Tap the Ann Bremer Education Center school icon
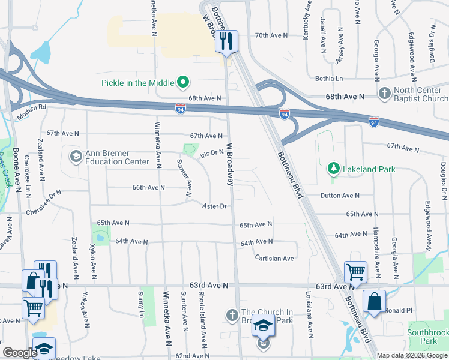[76, 157]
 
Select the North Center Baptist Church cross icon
[385, 94]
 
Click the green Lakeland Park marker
[334, 169]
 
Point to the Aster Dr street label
[214, 206]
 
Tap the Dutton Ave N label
[340, 196]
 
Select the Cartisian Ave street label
[274, 259]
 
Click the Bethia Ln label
[329, 79]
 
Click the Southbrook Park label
[427, 336]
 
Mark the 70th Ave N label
[271, 35]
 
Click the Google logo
[20, 353]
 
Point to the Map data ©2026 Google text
[411, 355]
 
